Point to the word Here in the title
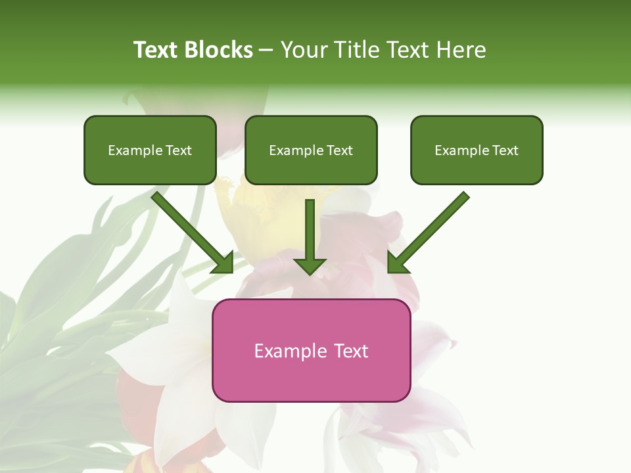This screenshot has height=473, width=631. [x=463, y=50]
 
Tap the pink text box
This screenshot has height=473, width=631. [x=311, y=378]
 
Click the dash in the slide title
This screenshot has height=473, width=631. [x=267, y=51]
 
